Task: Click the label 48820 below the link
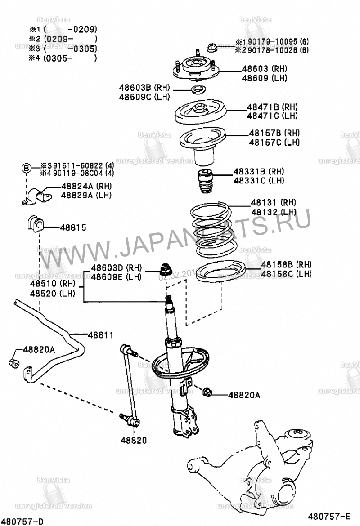click(133, 441)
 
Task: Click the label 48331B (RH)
click(258, 171)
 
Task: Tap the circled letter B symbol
click(27, 169)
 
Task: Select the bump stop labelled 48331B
click(205, 181)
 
